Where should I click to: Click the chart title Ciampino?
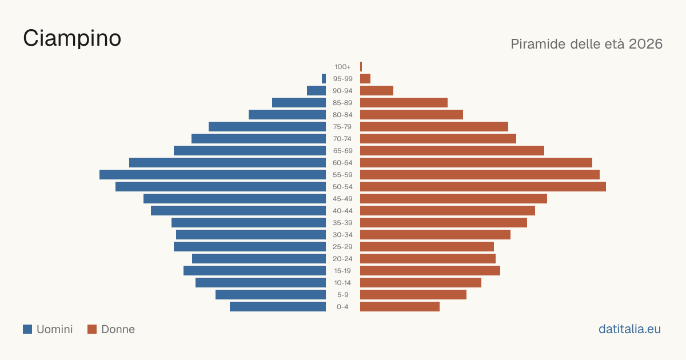(72, 39)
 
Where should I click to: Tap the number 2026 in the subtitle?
(645, 44)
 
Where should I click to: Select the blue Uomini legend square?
(27, 329)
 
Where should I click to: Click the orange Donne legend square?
(92, 329)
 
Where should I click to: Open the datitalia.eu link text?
(629, 329)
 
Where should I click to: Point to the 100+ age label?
(342, 67)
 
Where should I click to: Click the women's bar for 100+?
(361, 67)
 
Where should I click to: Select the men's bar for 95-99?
(324, 79)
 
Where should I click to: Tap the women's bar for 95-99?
(365, 79)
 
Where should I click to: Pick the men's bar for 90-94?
(316, 91)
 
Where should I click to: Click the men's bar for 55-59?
(213, 175)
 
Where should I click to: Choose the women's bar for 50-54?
(483, 187)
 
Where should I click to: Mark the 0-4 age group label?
(342, 307)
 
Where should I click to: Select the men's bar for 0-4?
(278, 307)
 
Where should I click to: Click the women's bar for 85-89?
(404, 102)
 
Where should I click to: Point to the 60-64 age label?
(342, 163)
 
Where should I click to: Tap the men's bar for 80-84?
(287, 115)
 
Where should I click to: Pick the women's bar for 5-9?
(413, 295)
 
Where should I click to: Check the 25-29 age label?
(342, 247)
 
